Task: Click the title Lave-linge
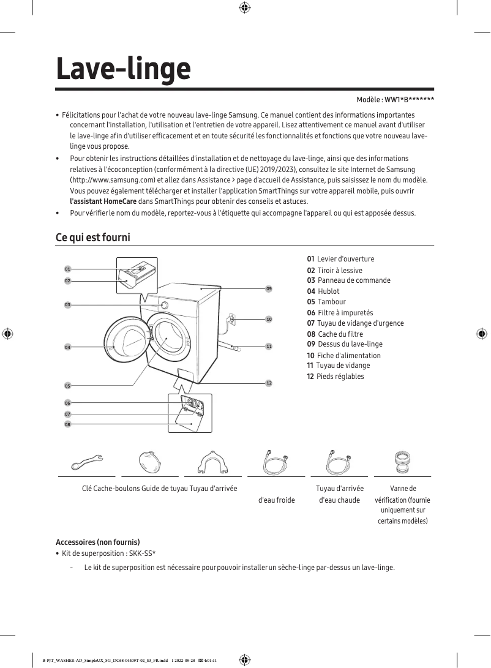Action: click(123, 69)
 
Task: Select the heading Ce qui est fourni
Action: click(93, 237)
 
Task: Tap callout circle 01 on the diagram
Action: click(67, 269)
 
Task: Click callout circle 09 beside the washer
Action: click(269, 288)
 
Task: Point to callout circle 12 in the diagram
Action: click(269, 383)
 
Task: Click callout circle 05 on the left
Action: click(67, 386)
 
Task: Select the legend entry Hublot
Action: click(328, 291)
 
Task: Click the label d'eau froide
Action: click(277, 500)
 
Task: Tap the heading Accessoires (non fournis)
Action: click(98, 542)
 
